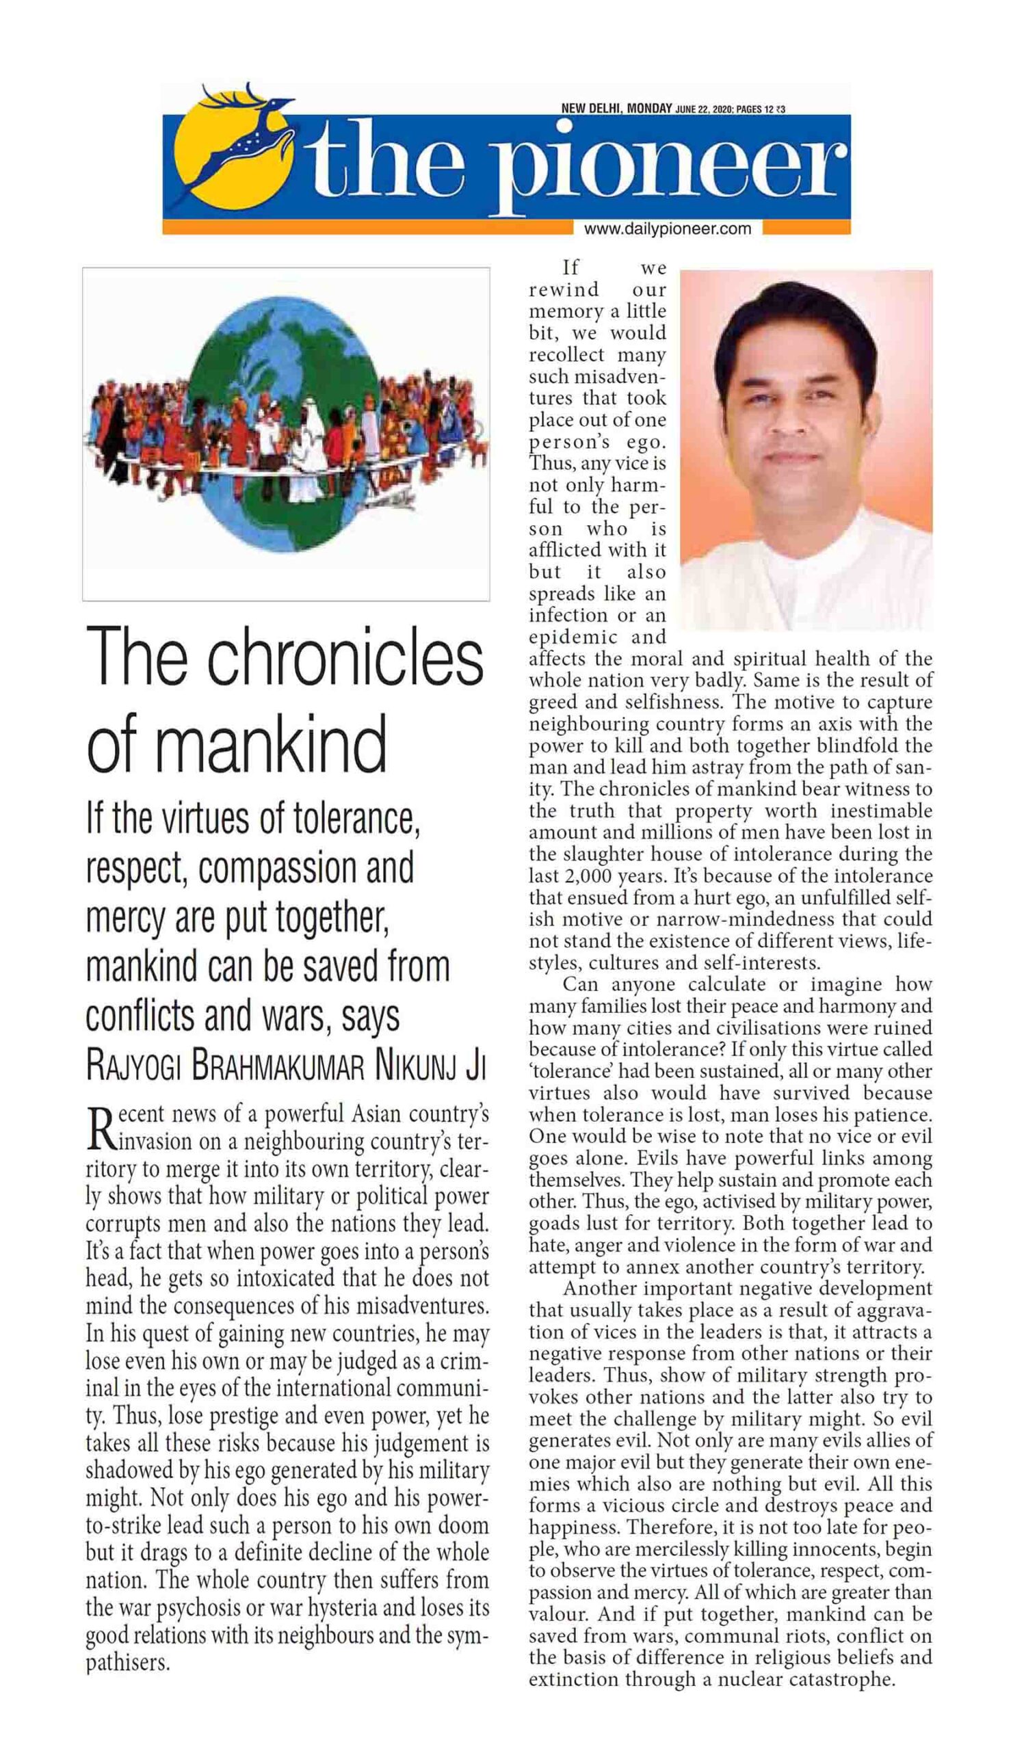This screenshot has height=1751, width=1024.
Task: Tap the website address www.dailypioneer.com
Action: [x=667, y=228]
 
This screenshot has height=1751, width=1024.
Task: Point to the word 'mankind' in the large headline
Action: [x=272, y=745]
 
